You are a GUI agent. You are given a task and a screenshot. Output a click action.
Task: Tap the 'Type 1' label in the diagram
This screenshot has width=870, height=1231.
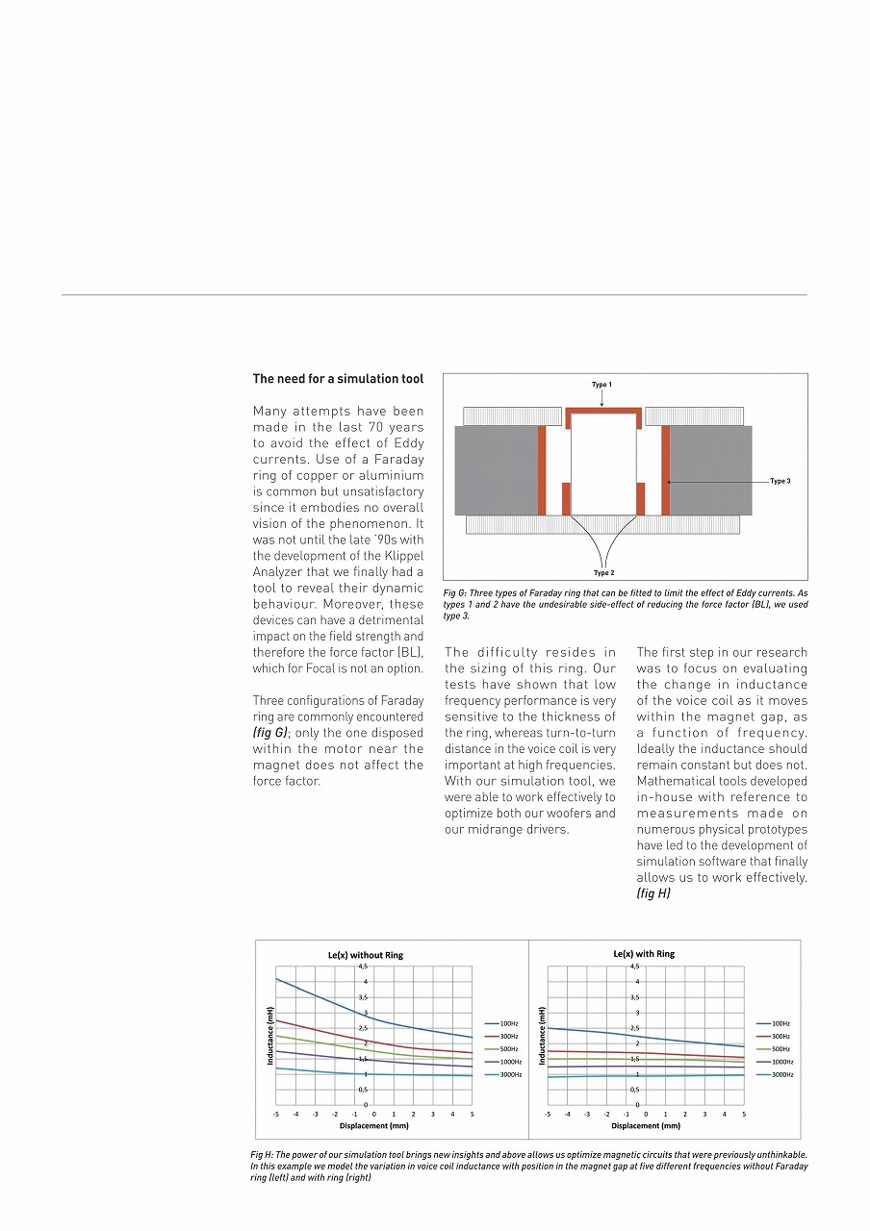click(601, 385)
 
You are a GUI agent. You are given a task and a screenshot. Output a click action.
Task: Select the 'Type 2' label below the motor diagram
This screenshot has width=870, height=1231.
click(603, 572)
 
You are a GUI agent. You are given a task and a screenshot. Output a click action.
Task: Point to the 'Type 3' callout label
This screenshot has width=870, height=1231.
click(780, 480)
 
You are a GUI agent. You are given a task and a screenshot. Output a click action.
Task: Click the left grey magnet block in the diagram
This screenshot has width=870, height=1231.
click(496, 470)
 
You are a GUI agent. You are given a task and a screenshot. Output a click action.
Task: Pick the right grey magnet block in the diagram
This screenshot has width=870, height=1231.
click(710, 470)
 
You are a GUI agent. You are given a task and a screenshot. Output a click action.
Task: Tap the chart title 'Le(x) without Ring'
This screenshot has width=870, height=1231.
click(366, 955)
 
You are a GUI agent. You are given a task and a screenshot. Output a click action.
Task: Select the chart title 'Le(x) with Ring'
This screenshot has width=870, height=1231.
click(644, 954)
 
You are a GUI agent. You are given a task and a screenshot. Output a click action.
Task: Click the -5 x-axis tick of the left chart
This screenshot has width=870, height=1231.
click(276, 1114)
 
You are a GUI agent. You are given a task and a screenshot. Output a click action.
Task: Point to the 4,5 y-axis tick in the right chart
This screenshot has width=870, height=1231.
click(633, 965)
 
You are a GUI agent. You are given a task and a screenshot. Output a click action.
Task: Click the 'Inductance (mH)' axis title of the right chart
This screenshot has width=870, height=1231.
click(543, 1035)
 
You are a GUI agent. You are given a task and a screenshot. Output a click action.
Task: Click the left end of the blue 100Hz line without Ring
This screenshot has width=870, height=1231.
click(277, 979)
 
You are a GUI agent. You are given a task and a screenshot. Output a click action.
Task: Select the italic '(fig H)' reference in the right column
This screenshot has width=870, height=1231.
click(652, 893)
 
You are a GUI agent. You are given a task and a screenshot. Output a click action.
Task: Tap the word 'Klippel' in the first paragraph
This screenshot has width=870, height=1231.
click(398, 556)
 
